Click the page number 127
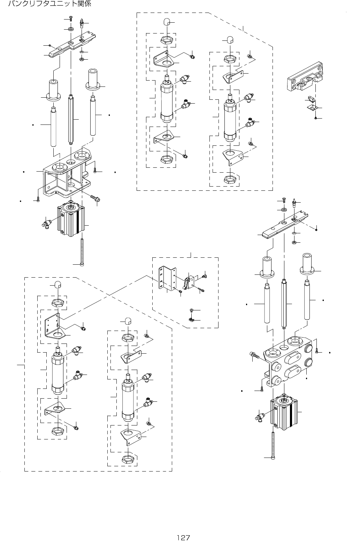click(x=183, y=537)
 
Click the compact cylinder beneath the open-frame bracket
click(x=71, y=220)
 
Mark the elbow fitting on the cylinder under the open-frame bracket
click(x=46, y=222)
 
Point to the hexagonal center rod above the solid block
click(x=284, y=303)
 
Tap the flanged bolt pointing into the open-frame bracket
click(x=95, y=198)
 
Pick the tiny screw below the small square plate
click(x=315, y=118)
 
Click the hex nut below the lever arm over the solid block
click(x=294, y=241)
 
